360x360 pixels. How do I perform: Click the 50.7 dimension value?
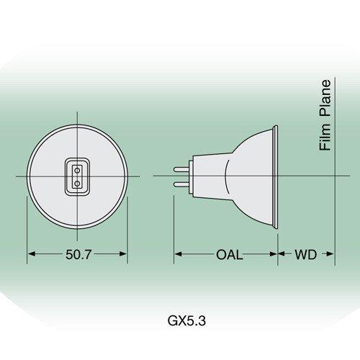point(77,255)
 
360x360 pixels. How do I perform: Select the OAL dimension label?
point(229,255)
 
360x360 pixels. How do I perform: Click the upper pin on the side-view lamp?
point(180,169)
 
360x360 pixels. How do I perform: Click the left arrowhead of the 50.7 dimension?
point(31,254)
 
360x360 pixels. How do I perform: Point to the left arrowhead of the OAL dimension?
point(177,254)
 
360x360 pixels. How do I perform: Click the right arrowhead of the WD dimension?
point(332,254)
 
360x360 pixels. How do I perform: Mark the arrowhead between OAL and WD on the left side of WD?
point(282,254)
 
